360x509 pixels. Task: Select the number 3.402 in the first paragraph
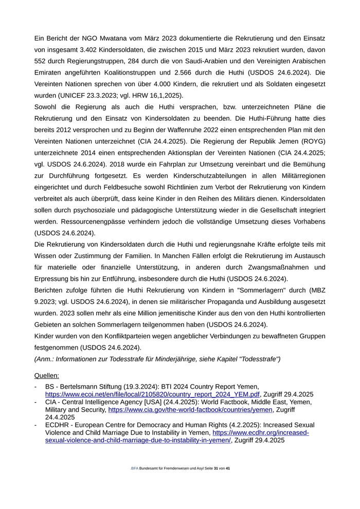pyautogui.click(x=94, y=50)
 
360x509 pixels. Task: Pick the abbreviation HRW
pyautogui.click(x=143, y=96)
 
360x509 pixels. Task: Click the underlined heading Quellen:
pyautogui.click(x=47, y=376)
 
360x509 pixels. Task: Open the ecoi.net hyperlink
pyautogui.click(x=153, y=394)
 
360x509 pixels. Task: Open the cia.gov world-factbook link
pyautogui.click(x=190, y=410)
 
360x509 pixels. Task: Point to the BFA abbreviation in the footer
pyautogui.click(x=135, y=469)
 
